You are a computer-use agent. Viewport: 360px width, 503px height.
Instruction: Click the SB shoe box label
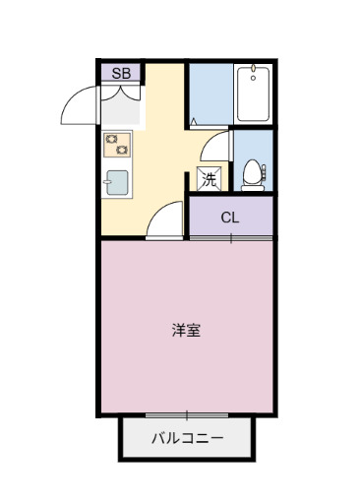tap(120, 73)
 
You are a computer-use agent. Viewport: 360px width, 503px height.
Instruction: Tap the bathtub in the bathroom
tap(253, 94)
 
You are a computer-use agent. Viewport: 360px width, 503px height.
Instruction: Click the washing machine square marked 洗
tap(210, 179)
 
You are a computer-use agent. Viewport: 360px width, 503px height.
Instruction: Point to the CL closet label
tap(229, 218)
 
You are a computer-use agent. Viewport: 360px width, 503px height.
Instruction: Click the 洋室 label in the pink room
tap(186, 330)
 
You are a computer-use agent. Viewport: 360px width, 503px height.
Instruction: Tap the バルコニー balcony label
tap(187, 439)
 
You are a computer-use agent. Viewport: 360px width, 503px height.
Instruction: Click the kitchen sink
tap(117, 183)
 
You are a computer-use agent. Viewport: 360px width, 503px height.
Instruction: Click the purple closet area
tap(230, 218)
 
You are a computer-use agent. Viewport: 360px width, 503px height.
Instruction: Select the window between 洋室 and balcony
tap(186, 415)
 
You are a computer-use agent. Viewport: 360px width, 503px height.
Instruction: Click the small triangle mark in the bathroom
tap(195, 122)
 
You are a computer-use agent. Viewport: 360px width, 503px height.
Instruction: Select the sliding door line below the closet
tap(230, 238)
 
